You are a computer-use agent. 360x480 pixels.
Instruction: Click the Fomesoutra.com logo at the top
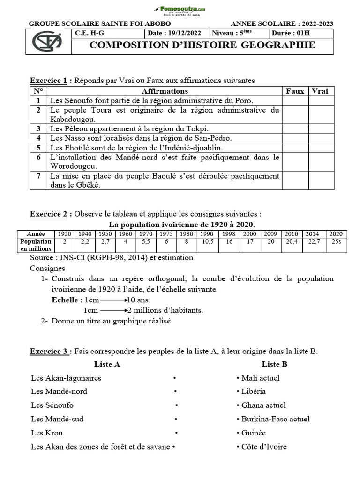[x=180, y=10]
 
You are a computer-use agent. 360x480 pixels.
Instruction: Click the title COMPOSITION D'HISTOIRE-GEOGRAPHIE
[x=202, y=45]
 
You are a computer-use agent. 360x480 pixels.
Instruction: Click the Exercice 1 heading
[x=49, y=81]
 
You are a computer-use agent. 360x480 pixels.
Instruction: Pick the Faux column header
[x=295, y=91]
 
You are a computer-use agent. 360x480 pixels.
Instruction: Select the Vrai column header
[x=320, y=91]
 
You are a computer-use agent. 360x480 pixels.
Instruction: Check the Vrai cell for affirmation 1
[x=320, y=100]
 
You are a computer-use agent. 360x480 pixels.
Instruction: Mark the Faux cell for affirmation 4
[x=295, y=138]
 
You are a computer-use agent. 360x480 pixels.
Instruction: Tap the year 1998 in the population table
[x=228, y=234]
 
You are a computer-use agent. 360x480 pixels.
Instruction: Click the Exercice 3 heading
[x=49, y=351]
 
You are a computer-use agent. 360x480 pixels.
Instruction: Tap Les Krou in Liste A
[x=47, y=433]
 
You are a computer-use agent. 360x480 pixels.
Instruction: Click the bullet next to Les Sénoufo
[x=176, y=405]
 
